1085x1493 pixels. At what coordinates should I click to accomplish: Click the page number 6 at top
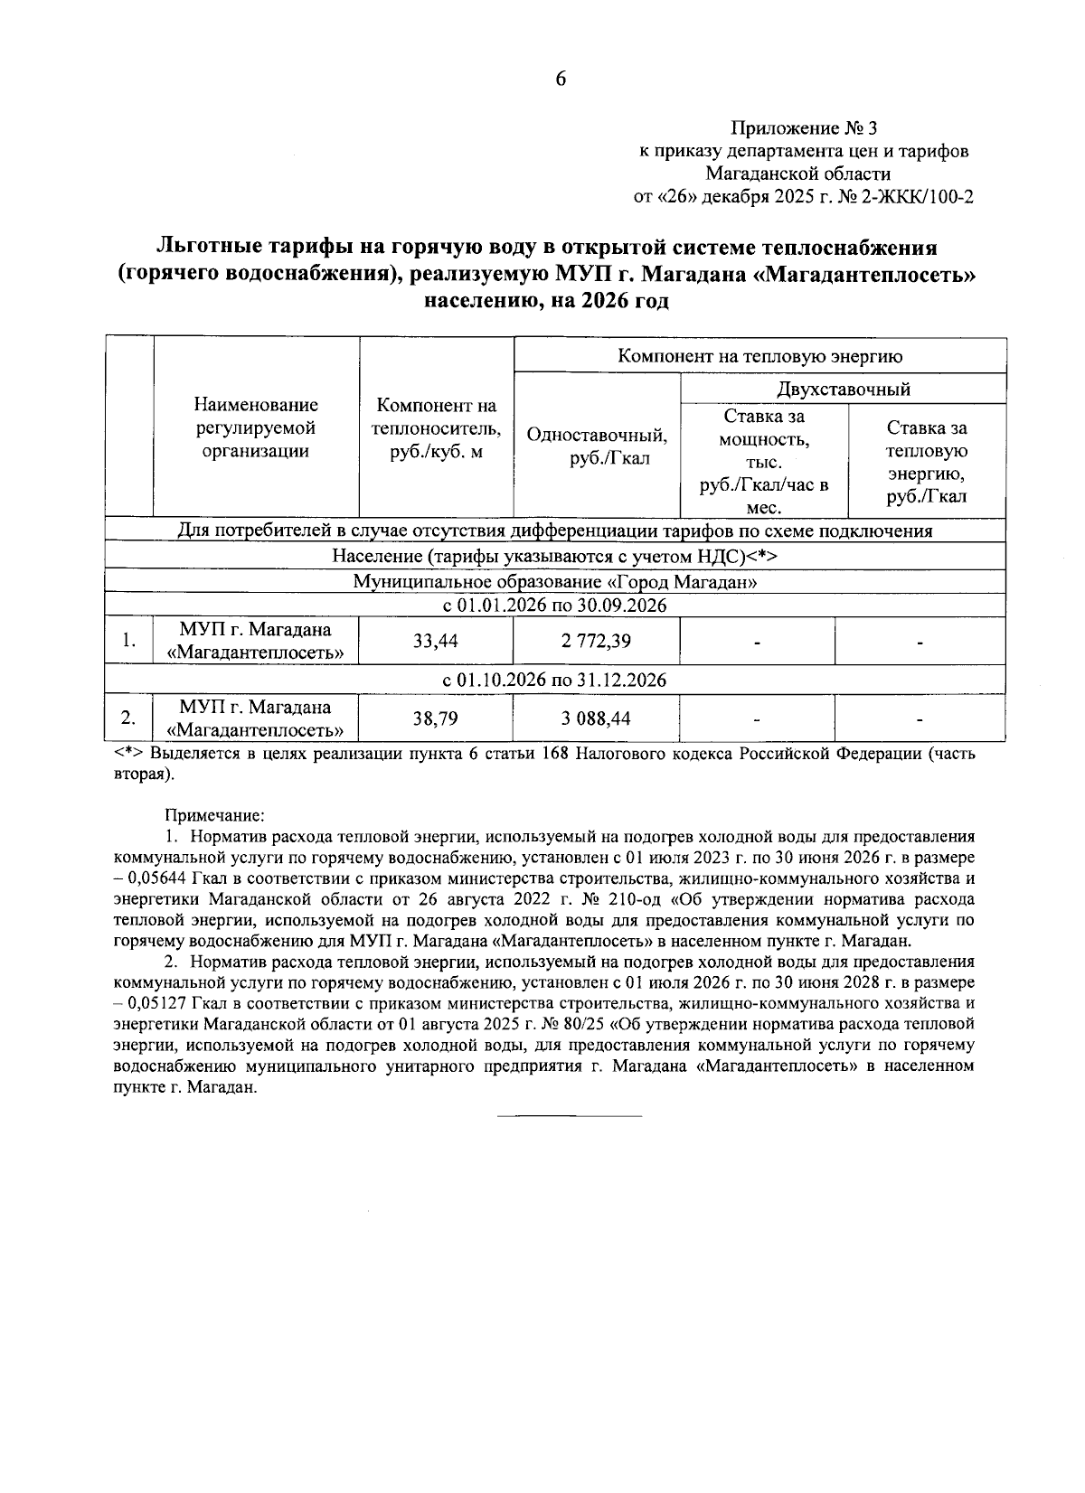coord(560,80)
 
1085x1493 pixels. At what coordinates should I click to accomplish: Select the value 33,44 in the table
coord(436,642)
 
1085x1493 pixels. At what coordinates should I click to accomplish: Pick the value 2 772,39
coord(595,642)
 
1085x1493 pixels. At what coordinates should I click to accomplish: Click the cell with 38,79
coord(436,719)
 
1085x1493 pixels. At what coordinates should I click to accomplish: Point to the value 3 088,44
coord(595,719)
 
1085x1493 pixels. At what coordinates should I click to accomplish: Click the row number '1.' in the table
coord(129,642)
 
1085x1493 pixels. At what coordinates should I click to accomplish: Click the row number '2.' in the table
coord(129,719)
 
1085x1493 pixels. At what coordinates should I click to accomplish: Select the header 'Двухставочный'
coord(843,390)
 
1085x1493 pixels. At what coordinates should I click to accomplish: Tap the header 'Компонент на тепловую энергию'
coord(759,356)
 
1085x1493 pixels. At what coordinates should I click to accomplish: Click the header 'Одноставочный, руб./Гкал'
coord(597,446)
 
